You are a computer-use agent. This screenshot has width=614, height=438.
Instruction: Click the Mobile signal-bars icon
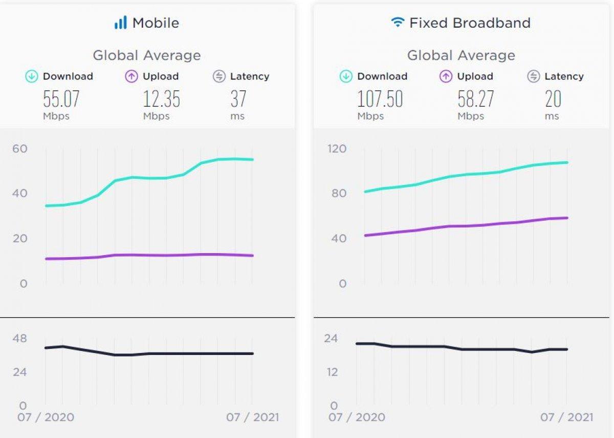(120, 23)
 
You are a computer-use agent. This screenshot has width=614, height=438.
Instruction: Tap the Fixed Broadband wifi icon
(397, 23)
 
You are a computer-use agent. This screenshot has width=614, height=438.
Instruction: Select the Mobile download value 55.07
(61, 99)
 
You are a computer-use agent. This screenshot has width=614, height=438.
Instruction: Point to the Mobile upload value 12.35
(161, 99)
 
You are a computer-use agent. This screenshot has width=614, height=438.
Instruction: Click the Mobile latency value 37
(238, 99)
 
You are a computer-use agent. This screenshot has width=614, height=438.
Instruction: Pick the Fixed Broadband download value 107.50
(380, 99)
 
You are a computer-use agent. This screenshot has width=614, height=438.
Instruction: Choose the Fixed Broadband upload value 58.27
(476, 99)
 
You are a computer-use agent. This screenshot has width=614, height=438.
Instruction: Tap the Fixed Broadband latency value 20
(553, 99)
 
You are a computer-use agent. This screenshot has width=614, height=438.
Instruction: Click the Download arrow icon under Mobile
(32, 77)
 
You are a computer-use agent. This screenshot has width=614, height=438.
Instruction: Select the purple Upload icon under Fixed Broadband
(446, 77)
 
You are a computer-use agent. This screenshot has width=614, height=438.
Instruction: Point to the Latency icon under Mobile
(219, 77)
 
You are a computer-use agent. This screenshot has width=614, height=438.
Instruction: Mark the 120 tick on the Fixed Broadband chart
(337, 149)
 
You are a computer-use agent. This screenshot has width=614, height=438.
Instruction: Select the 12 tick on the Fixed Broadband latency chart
(333, 372)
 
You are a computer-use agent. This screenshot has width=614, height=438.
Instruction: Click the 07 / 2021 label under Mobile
(252, 417)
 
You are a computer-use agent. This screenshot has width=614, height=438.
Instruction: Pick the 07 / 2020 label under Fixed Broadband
(357, 417)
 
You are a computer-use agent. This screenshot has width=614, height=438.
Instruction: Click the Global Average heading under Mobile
(146, 55)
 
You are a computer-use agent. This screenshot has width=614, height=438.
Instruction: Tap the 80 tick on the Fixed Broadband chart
(339, 194)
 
